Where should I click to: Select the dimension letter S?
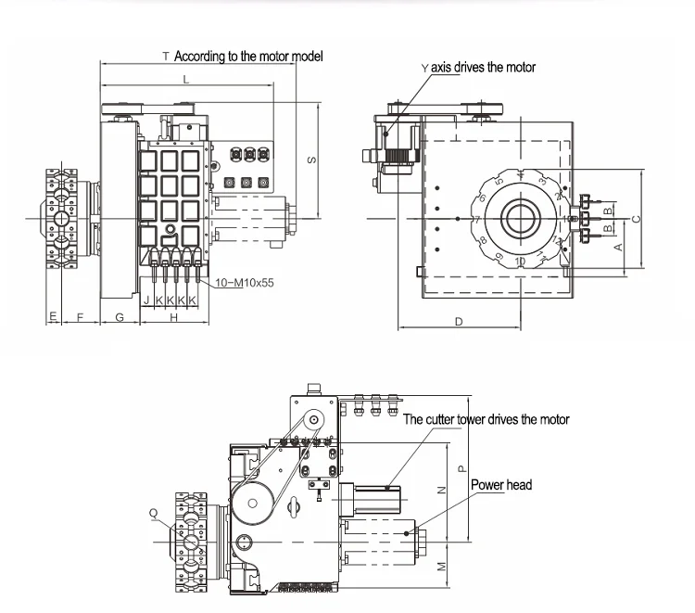311,160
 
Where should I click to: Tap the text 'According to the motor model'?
247,57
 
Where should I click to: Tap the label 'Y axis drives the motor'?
477,68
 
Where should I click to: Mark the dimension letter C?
635,219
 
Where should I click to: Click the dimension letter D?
459,321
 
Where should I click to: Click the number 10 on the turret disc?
519,262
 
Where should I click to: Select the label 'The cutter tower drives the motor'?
486,419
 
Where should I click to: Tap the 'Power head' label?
500,485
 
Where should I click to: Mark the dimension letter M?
441,565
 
